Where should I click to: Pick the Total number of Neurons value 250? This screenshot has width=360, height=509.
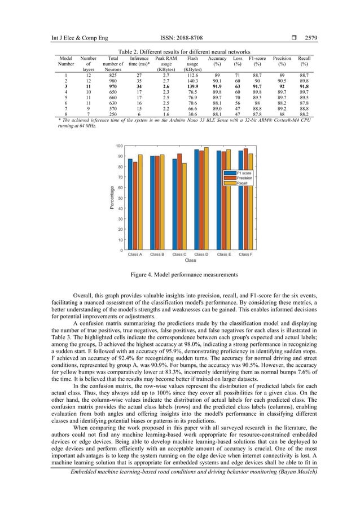113,114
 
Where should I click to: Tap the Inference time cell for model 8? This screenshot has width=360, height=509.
139,114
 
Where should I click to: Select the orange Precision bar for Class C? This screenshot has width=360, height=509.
179,202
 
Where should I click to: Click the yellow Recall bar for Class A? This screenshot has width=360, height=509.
140,202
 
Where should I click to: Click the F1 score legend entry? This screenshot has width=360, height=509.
243,173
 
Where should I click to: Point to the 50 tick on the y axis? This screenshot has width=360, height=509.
120,198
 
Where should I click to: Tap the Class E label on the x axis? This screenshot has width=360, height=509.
223,254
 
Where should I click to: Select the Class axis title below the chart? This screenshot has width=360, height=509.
190,261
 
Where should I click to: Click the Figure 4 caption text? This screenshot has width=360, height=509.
179,275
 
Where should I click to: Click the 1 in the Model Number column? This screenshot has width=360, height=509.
67,74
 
